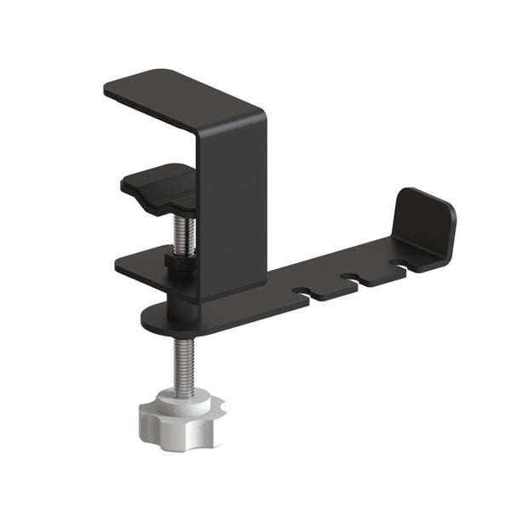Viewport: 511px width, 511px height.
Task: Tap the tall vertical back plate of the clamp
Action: click(232, 204)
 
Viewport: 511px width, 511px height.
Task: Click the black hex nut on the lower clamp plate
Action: click(176, 261)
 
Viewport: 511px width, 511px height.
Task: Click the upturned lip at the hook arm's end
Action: click(426, 226)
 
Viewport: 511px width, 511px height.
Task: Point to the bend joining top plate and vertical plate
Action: click(255, 115)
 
